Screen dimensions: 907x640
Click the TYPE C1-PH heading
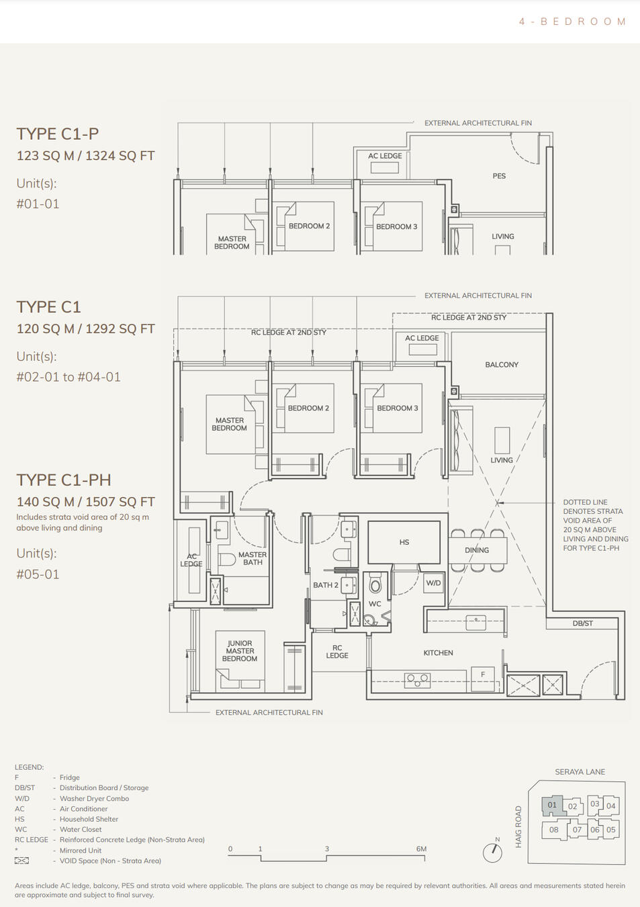64,480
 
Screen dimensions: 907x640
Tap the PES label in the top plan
499,176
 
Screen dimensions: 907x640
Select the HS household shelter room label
404,542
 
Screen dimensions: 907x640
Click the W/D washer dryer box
434,583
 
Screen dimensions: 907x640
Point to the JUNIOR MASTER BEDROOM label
240,651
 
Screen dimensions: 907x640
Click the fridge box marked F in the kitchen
482,675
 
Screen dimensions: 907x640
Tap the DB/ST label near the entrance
582,623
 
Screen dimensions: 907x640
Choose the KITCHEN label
438,653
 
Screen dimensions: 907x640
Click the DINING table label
477,550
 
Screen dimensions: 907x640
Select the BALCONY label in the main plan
502,365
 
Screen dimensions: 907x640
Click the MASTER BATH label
253,558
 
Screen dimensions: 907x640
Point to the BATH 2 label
326,585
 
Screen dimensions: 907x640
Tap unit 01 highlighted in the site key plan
552,805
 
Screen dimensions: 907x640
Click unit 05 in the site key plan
610,830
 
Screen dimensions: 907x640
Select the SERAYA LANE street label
580,772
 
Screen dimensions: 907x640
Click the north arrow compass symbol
493,852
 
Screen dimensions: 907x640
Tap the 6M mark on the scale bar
421,849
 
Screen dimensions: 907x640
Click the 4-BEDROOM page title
572,21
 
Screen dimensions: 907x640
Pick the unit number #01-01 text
38,204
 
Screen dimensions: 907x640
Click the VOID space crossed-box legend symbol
22,861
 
